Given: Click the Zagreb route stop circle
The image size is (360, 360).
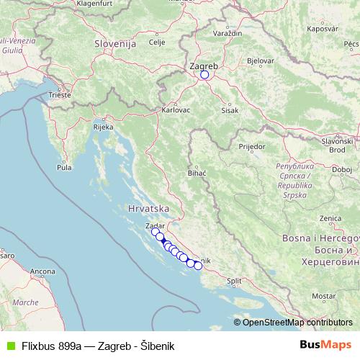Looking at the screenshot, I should click(204, 74).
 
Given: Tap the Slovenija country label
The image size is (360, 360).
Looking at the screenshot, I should click(115, 44).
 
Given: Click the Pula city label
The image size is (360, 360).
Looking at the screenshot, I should click(65, 167).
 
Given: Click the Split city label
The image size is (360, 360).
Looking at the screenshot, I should click(234, 282).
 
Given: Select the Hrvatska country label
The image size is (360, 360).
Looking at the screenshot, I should click(148, 208).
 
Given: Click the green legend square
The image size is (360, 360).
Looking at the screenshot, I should click(8, 345).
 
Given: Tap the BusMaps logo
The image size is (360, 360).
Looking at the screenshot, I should click(325, 345).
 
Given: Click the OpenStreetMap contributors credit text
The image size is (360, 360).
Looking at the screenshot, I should click(297, 322).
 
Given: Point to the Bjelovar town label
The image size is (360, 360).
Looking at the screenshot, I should click(259, 60).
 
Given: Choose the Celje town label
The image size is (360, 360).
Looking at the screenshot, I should click(156, 42).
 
